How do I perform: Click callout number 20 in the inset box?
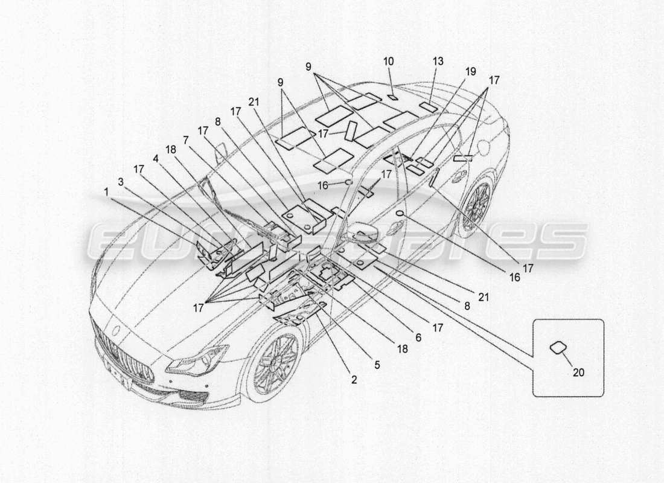click(x=578, y=373)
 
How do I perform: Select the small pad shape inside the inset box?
click(x=557, y=348)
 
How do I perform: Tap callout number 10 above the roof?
click(x=388, y=61)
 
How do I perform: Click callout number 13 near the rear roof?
click(x=438, y=61)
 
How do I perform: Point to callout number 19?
click(x=470, y=71)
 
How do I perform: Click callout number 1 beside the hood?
click(x=107, y=192)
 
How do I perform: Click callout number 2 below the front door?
click(x=354, y=380)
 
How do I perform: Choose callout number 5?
click(x=377, y=364)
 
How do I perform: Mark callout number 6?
click(x=418, y=339)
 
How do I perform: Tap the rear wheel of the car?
click(x=476, y=205)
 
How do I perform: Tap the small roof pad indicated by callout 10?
click(x=391, y=97)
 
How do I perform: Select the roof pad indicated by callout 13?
click(x=429, y=107)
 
